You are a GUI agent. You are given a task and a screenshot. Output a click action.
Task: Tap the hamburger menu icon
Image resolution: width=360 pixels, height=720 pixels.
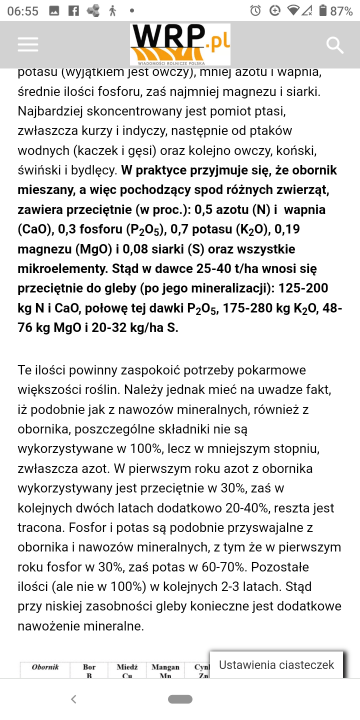point(28,45)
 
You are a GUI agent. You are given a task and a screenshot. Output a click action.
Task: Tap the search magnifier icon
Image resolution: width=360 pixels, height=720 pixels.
point(335,45)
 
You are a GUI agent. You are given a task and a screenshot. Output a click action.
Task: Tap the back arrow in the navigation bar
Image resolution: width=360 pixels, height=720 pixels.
point(73,699)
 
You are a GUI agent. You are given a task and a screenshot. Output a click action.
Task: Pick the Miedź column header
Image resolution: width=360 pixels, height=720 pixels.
point(127,667)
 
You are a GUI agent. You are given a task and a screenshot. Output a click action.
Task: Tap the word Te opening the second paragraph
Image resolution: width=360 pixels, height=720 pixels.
point(26,370)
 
